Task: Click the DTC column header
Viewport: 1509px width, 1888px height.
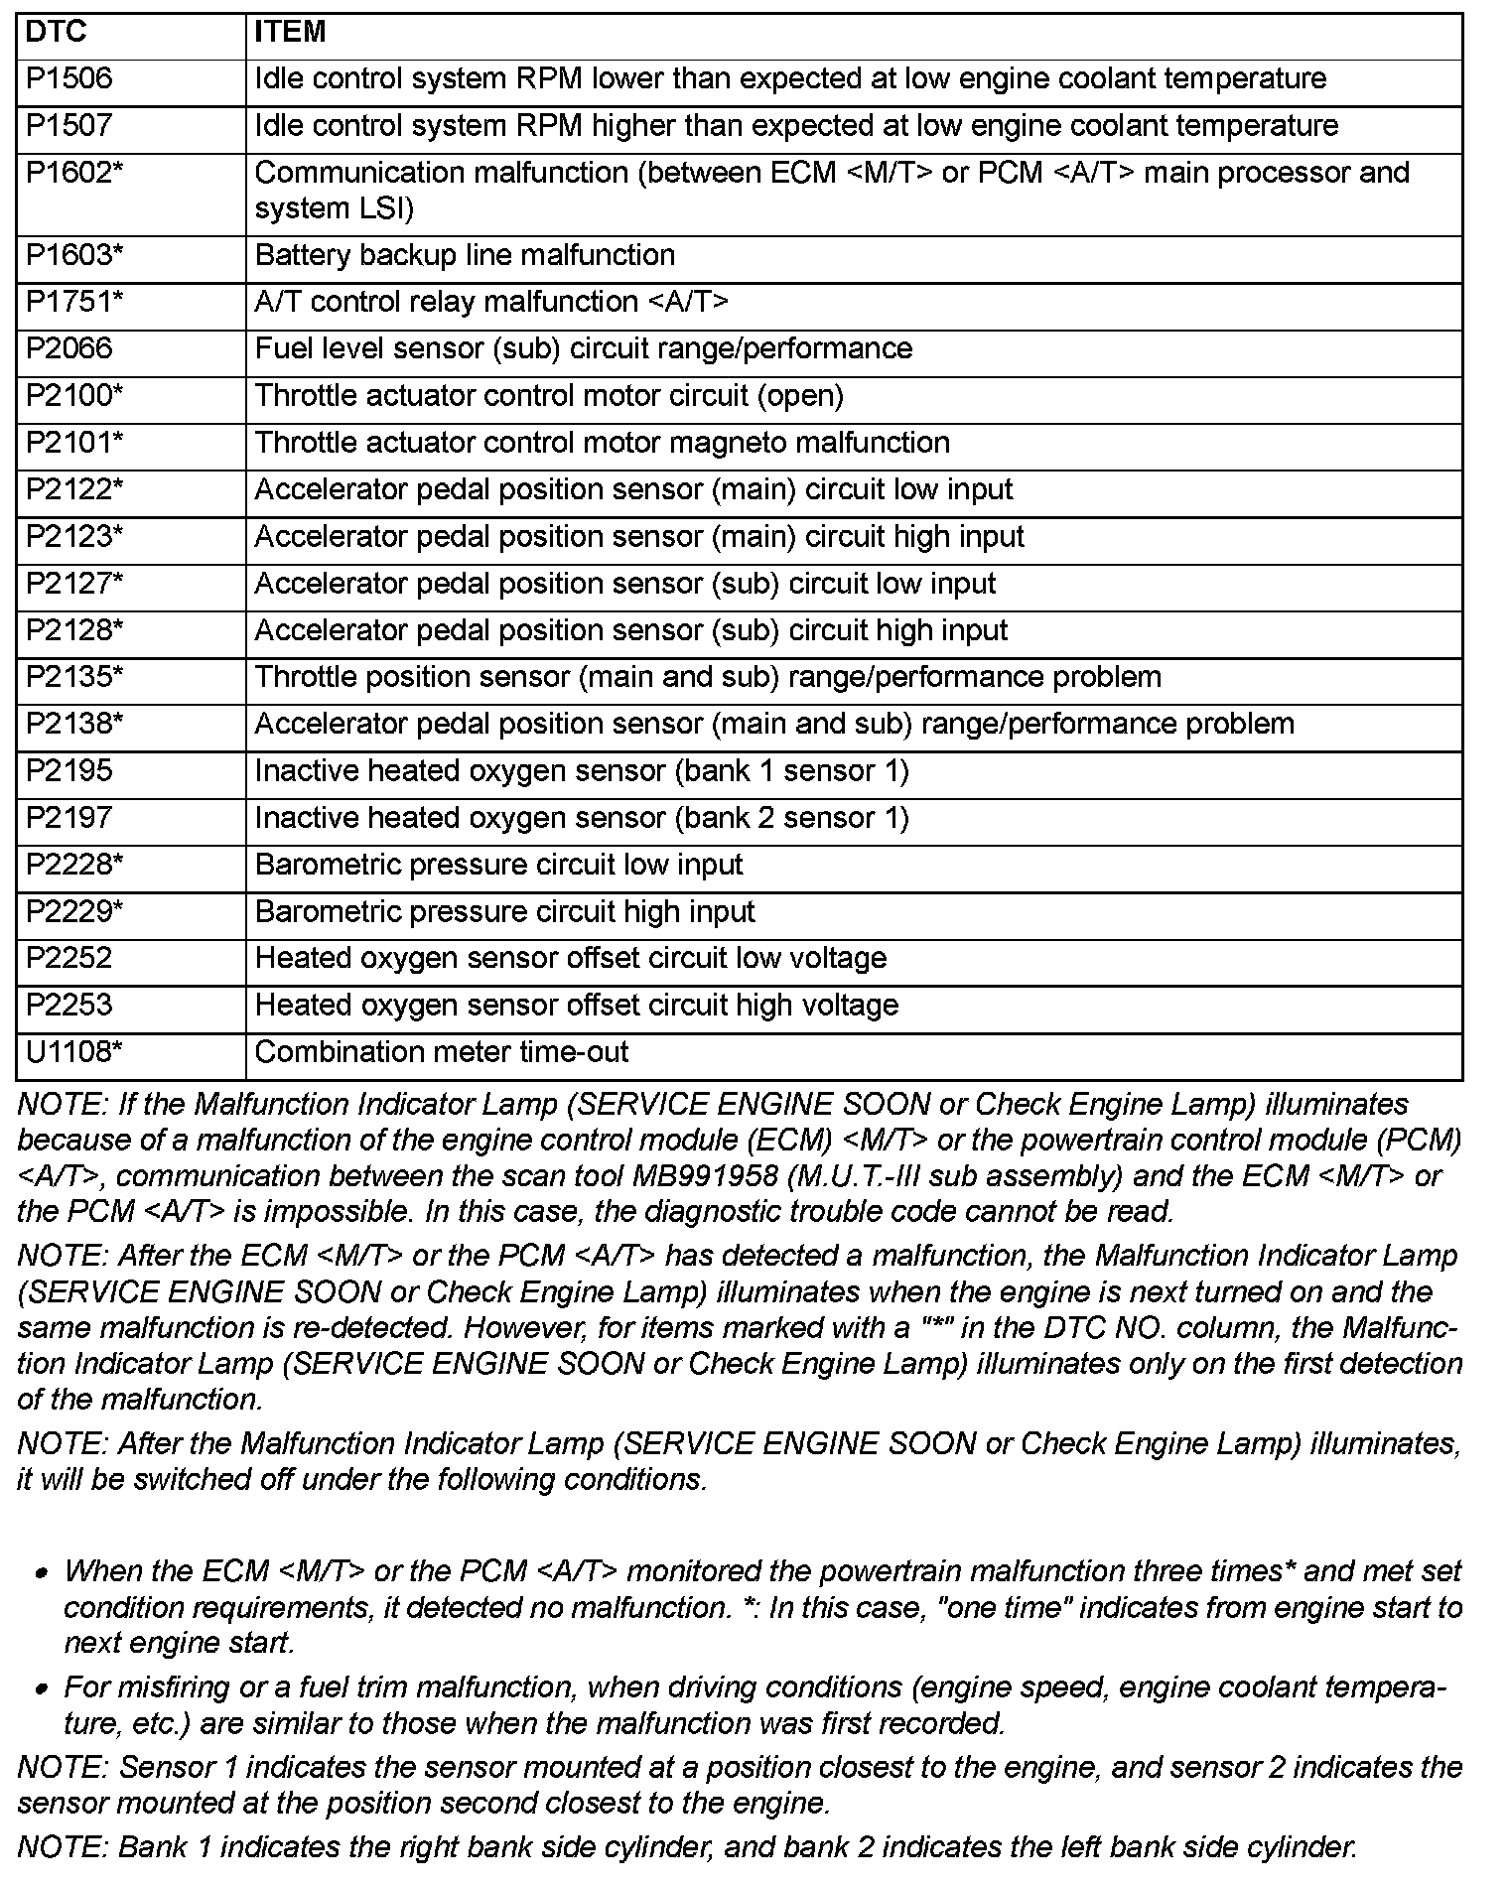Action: (57, 33)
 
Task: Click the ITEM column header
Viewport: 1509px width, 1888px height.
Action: (290, 33)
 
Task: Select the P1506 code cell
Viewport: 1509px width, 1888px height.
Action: (69, 79)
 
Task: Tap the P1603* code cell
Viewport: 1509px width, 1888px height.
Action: (74, 256)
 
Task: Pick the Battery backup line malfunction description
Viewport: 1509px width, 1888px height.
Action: (465, 256)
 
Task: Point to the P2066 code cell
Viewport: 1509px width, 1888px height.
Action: (69, 349)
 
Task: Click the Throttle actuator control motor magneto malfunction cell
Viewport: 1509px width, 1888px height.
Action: (602, 443)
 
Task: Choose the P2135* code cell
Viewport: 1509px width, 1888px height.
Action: (74, 678)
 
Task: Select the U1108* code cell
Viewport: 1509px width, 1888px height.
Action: (74, 1052)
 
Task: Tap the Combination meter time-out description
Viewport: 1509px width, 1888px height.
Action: (442, 1052)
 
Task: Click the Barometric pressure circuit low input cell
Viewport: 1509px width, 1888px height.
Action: (498, 866)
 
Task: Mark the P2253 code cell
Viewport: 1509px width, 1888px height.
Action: (69, 1006)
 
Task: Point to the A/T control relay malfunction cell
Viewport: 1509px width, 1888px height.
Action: (491, 303)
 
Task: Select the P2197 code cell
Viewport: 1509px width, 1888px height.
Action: (69, 819)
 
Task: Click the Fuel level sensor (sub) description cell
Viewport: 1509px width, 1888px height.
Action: (584, 349)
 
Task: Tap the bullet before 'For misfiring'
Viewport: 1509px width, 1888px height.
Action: (42, 1689)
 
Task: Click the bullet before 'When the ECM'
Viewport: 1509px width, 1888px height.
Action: (42, 1574)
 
